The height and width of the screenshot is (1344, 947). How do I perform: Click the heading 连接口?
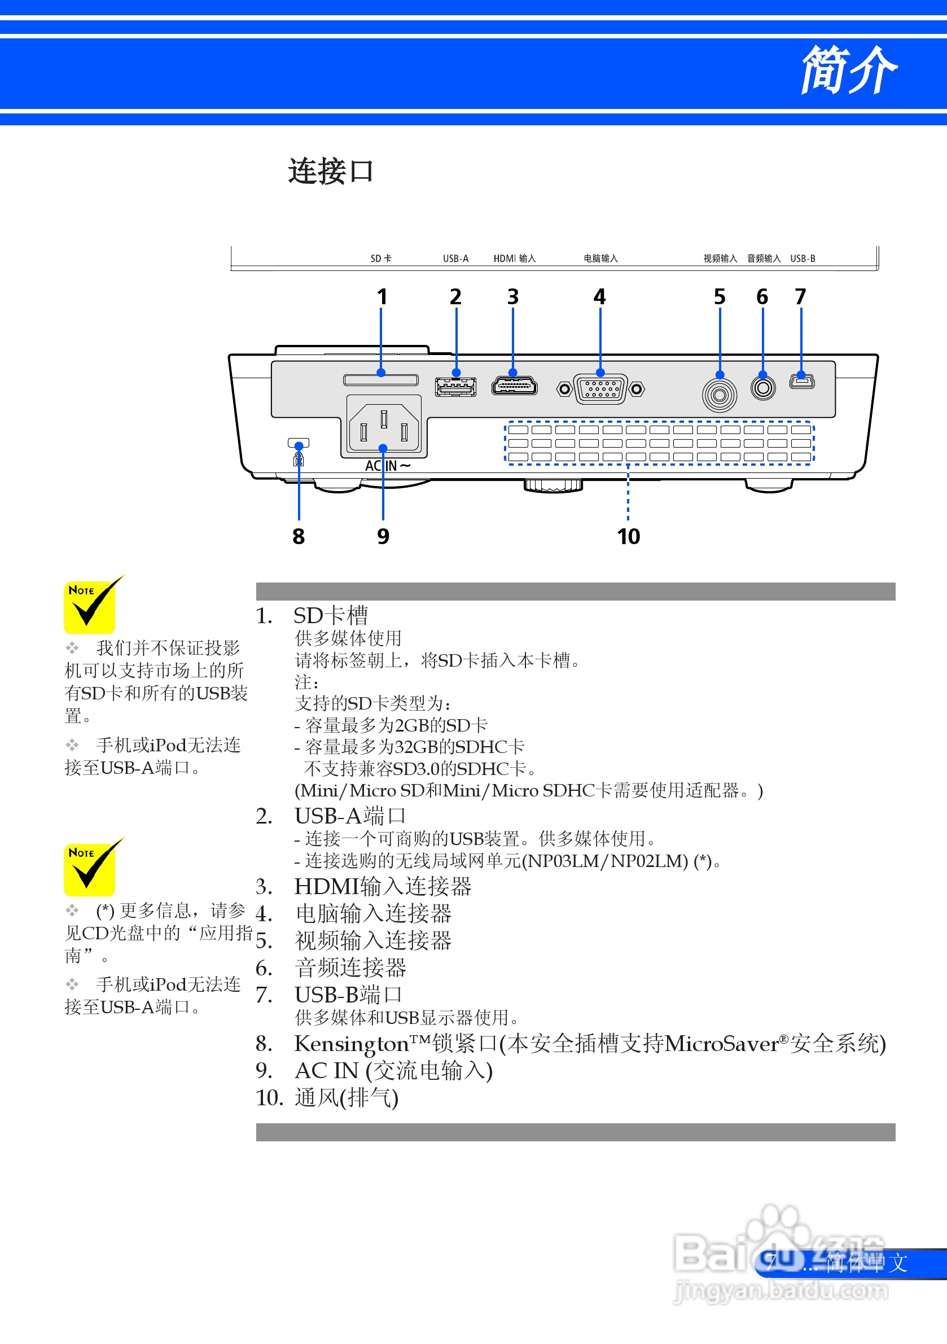(330, 172)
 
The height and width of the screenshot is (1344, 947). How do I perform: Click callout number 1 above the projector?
(382, 297)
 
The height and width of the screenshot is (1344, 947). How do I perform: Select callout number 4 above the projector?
(599, 297)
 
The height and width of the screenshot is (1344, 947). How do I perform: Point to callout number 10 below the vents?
(629, 536)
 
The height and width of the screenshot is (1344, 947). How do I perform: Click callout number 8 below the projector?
(299, 536)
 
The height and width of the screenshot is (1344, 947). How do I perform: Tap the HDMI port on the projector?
(514, 386)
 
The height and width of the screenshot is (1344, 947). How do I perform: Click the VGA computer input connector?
(600, 389)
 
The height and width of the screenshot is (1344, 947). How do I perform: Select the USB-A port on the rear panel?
(455, 387)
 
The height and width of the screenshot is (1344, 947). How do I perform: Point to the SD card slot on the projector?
(381, 380)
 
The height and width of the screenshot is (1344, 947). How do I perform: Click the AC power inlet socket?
(384, 426)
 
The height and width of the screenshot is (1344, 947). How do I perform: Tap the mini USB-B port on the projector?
(802, 382)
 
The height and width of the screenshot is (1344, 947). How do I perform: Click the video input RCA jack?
(720, 395)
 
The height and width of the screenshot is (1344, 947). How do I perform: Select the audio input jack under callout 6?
(762, 388)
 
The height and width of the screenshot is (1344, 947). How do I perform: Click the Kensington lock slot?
(299, 443)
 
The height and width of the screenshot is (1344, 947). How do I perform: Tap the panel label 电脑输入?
(600, 259)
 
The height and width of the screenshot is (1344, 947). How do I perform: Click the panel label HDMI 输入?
(515, 259)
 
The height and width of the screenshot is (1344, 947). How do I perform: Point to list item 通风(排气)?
(347, 1098)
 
